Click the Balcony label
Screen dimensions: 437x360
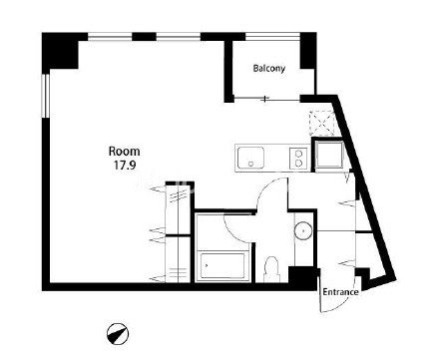pyautogui.click(x=269, y=69)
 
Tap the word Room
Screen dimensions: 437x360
pyautogui.click(x=125, y=152)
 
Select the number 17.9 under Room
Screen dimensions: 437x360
pyautogui.click(x=125, y=166)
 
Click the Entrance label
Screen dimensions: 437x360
pyautogui.click(x=340, y=292)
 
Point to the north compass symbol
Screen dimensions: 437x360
pyautogui.click(x=118, y=333)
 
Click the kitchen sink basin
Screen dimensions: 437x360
pyautogui.click(x=250, y=158)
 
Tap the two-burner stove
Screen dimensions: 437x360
pyautogui.click(x=299, y=158)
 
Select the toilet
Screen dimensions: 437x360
pyautogui.click(x=271, y=270)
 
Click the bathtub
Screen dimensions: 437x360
pyautogui.click(x=222, y=266)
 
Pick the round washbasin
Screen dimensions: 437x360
pyautogui.click(x=303, y=230)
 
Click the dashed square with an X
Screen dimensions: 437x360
pyautogui.click(x=321, y=123)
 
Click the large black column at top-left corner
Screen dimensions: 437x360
pyautogui.click(x=60, y=51)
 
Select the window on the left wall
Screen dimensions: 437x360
pyautogui.click(x=46, y=96)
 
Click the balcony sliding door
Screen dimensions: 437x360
pyautogui.click(x=267, y=99)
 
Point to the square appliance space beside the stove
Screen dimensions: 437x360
pyautogui.click(x=329, y=155)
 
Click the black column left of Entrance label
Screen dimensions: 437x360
pyautogui.click(x=302, y=276)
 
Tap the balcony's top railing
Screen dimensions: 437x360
pyautogui.click(x=272, y=37)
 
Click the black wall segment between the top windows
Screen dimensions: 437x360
pyautogui.click(x=144, y=37)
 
